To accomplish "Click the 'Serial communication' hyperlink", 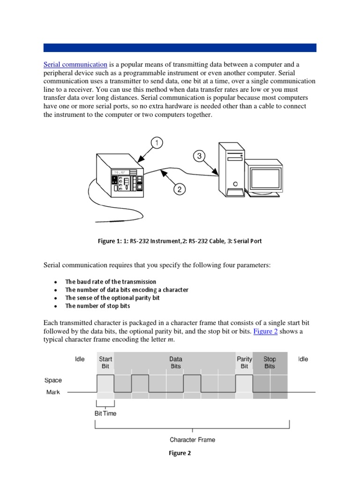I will (75, 64).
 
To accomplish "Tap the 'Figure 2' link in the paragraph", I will (266, 331).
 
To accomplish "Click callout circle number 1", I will (156, 142).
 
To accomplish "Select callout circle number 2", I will (179, 189).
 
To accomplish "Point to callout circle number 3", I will (199, 156).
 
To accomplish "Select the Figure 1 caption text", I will (180, 241).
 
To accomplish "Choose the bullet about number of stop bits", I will (97, 306).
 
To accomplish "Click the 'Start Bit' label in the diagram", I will (105, 362).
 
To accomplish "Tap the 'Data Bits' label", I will (176, 362).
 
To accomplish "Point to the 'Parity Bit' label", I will (244, 362).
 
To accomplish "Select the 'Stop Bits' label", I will (270, 362).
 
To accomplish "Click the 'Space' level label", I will (53, 380).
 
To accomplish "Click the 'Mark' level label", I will (53, 392).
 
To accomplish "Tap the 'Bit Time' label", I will (105, 413).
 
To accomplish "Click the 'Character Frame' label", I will (192, 440).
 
